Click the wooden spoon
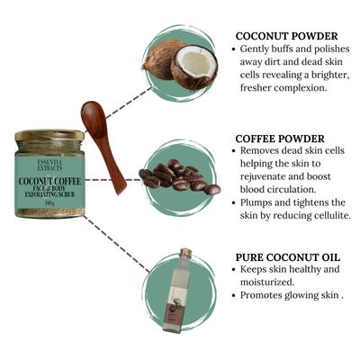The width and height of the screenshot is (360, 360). [x=103, y=143]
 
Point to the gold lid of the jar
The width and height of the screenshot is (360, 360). [x=49, y=136]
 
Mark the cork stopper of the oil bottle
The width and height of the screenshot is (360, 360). [x=185, y=254]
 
